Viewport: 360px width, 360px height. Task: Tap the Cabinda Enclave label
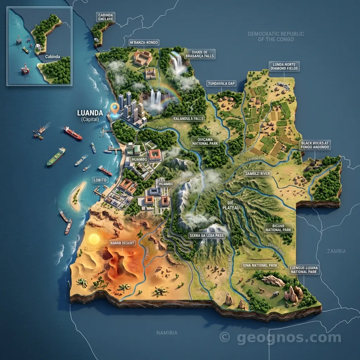pos(105,17)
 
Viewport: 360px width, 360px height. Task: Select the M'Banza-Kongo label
pos(144,43)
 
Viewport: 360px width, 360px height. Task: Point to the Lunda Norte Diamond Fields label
pos(284,66)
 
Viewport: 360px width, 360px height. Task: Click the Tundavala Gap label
pos(221,83)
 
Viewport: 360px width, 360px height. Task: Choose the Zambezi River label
pos(257,174)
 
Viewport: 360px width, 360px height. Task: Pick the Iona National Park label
pos(260,265)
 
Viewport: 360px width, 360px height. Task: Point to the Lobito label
pos(100,180)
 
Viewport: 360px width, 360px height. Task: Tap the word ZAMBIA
pos(336,251)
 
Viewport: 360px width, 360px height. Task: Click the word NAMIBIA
pos(167,333)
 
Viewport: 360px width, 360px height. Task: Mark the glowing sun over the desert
pos(94,239)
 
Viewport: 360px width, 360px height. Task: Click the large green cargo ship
pos(56,156)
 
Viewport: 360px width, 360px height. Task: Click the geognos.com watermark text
pos(288,338)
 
